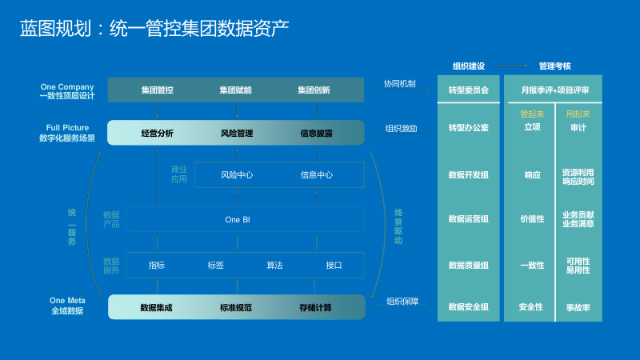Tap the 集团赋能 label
[236, 90]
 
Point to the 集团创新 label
[314, 90]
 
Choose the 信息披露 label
[316, 133]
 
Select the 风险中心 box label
[237, 174]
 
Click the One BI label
[237, 219]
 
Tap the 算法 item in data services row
[274, 265]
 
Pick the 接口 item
[334, 265]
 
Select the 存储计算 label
[316, 307]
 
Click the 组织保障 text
[402, 302]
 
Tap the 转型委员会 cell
[469, 90]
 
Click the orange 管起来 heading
[532, 114]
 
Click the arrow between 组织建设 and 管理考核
[512, 66]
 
